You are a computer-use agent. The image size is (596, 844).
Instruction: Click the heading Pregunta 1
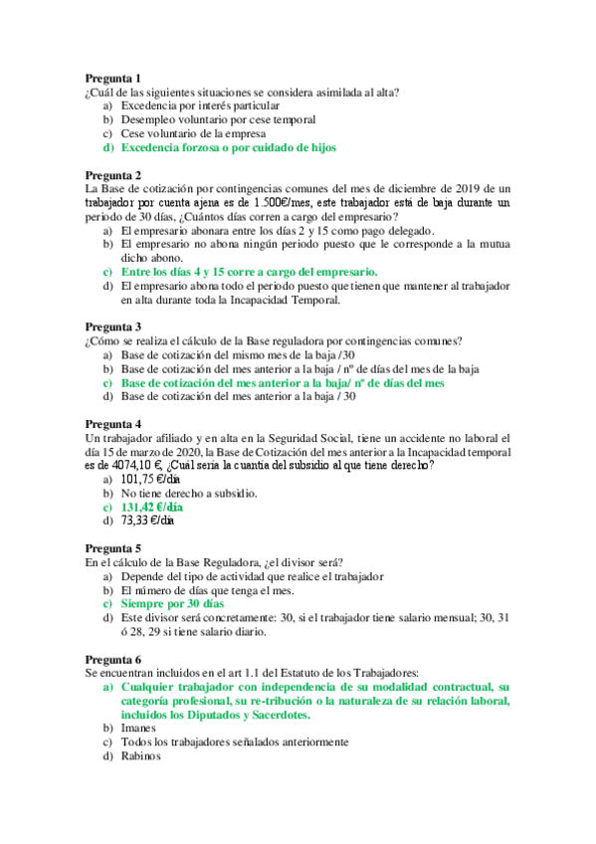tap(112, 78)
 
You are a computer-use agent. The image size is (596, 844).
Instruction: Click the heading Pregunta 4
tap(112, 422)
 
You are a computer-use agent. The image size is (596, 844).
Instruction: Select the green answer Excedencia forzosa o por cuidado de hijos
tap(228, 147)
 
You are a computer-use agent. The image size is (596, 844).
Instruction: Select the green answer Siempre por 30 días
tap(172, 603)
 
